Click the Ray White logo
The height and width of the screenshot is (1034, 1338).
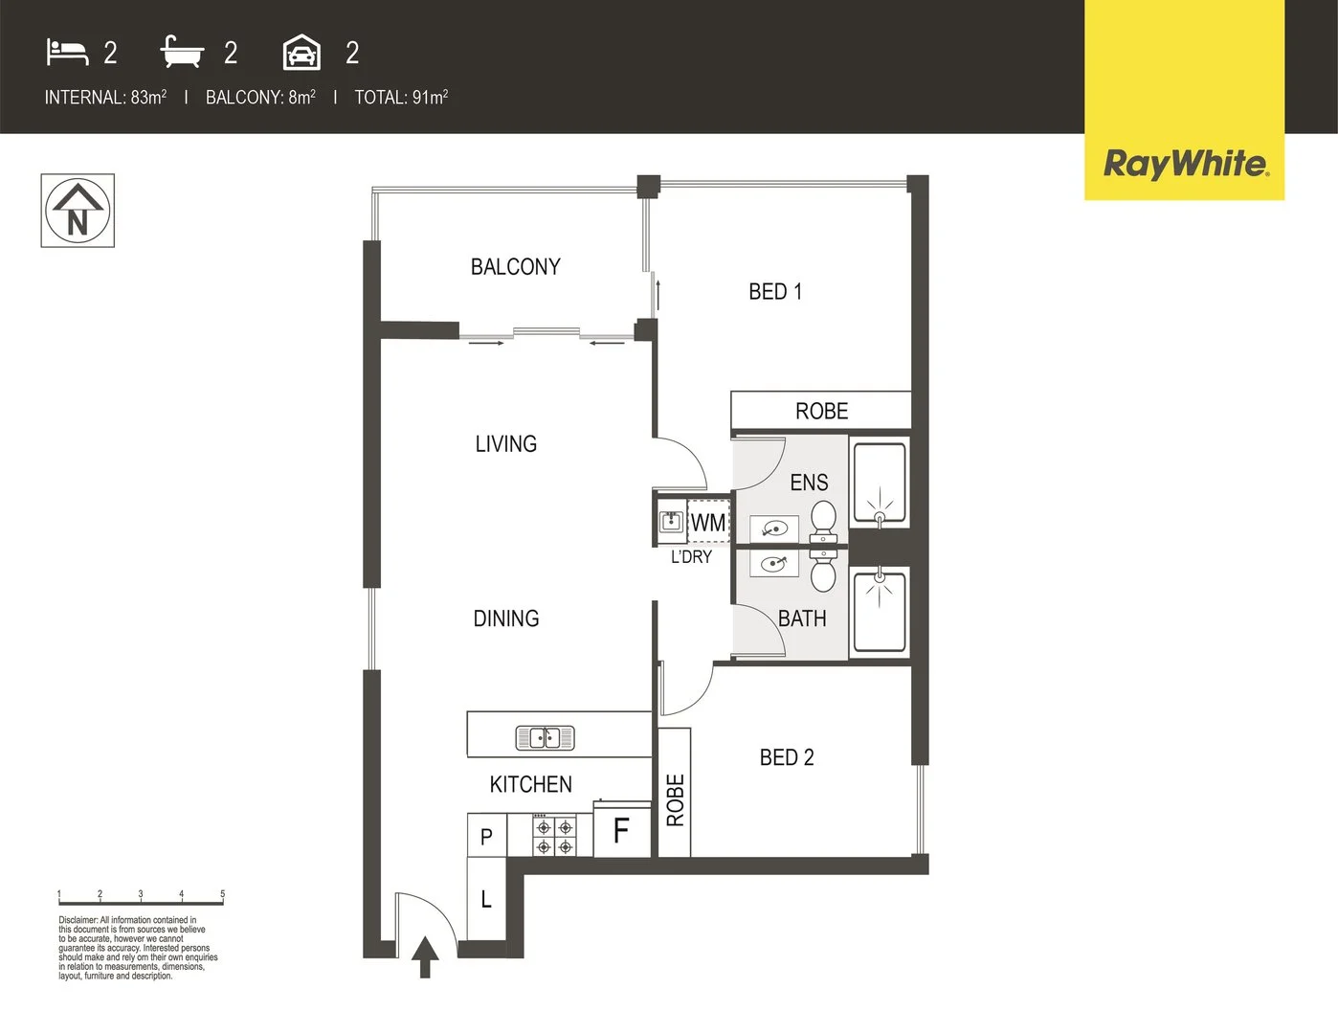[1185, 164]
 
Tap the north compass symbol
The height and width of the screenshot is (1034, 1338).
[78, 211]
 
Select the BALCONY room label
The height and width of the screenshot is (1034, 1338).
[515, 267]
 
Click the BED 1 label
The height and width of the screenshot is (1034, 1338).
[774, 292]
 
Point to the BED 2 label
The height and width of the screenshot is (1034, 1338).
[786, 757]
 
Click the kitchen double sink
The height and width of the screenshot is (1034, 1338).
[545, 737]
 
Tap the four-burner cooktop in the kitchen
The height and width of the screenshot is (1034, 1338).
[554, 836]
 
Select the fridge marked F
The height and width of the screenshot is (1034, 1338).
[621, 830]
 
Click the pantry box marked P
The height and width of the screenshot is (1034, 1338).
[486, 837]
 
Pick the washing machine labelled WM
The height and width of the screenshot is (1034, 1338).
[708, 523]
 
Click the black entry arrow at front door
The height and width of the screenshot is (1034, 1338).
[426, 956]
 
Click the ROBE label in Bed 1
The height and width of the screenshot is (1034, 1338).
[821, 412]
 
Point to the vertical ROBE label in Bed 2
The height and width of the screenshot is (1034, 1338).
[675, 799]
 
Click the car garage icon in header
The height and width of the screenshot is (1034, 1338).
[301, 53]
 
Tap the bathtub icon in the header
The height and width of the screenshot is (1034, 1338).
[182, 53]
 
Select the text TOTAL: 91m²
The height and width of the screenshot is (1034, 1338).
[401, 97]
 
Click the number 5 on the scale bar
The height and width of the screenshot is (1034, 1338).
[222, 894]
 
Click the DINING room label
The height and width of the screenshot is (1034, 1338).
[505, 618]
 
